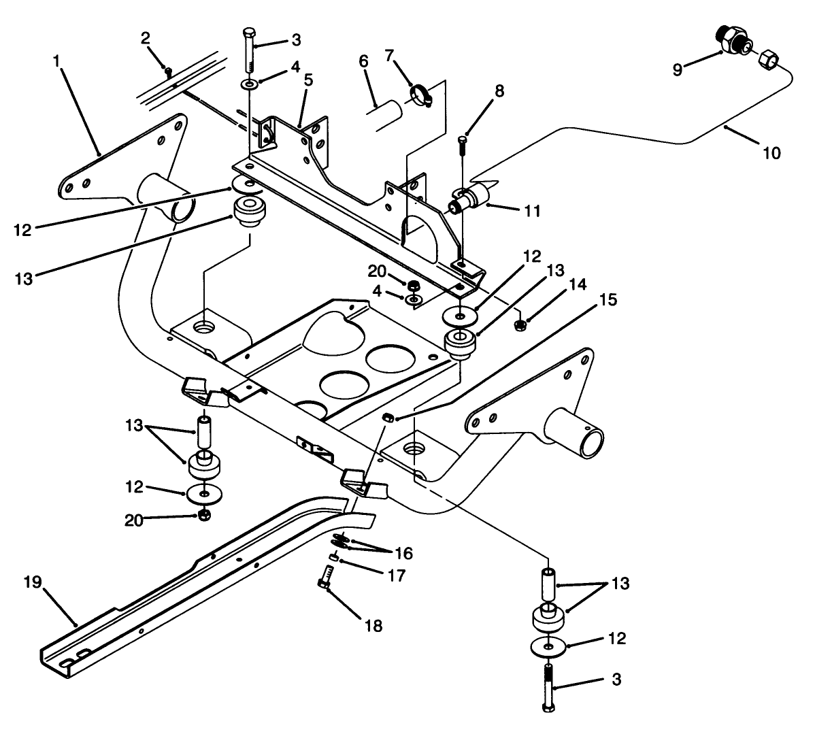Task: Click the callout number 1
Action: click(x=57, y=61)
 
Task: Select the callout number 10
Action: click(x=771, y=154)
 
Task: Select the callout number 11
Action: click(x=532, y=212)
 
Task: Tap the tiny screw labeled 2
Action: click(x=167, y=69)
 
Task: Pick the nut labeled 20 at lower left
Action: click(x=203, y=514)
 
